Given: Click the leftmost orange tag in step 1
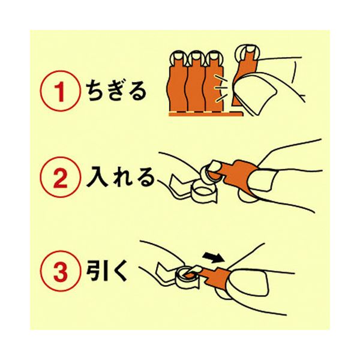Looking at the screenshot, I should coord(178,84).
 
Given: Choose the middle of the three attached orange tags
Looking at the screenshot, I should coord(194,84).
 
